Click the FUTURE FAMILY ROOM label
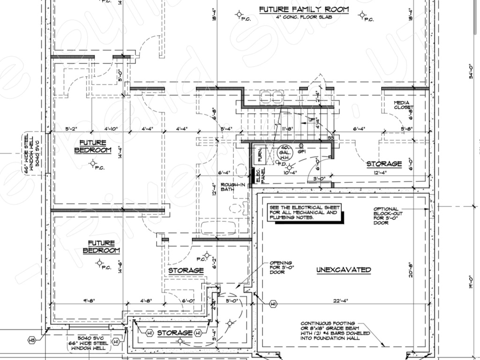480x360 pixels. coord(304,9)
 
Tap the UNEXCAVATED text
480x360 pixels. coord(344,270)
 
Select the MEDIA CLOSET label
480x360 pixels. coord(403,105)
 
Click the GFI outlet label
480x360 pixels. coord(301,152)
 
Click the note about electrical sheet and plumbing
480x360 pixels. coord(303,212)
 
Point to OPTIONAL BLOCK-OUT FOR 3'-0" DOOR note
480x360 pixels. coord(387,216)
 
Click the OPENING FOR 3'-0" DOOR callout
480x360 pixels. coord(280,268)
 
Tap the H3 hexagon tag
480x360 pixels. coord(32,339)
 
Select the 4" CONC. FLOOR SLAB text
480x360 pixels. coord(303,18)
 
